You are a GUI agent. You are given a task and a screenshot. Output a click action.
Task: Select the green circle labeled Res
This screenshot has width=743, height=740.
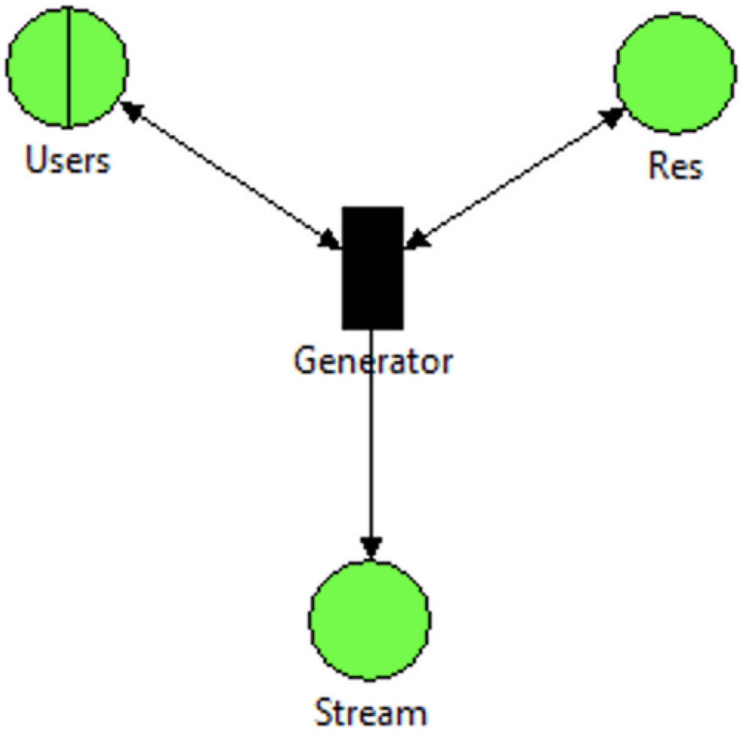tap(675, 74)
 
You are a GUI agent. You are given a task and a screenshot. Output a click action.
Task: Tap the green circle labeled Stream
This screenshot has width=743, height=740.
tap(370, 620)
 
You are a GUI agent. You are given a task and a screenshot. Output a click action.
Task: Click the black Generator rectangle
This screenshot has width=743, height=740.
tap(372, 268)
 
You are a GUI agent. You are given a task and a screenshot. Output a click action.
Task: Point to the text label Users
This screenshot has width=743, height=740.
tap(68, 160)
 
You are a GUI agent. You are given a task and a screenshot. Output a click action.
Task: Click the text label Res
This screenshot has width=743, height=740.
tap(675, 166)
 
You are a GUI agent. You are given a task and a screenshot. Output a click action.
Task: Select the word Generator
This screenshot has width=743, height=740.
tap(373, 361)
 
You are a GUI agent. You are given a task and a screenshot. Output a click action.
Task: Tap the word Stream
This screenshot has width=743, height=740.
tap(371, 713)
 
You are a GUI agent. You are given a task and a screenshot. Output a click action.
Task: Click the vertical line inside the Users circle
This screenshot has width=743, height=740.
tap(68, 67)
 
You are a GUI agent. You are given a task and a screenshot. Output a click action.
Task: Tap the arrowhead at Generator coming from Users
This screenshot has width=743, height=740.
tap(329, 240)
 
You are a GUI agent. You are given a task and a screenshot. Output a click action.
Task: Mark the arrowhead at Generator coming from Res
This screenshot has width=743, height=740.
tap(416, 239)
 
